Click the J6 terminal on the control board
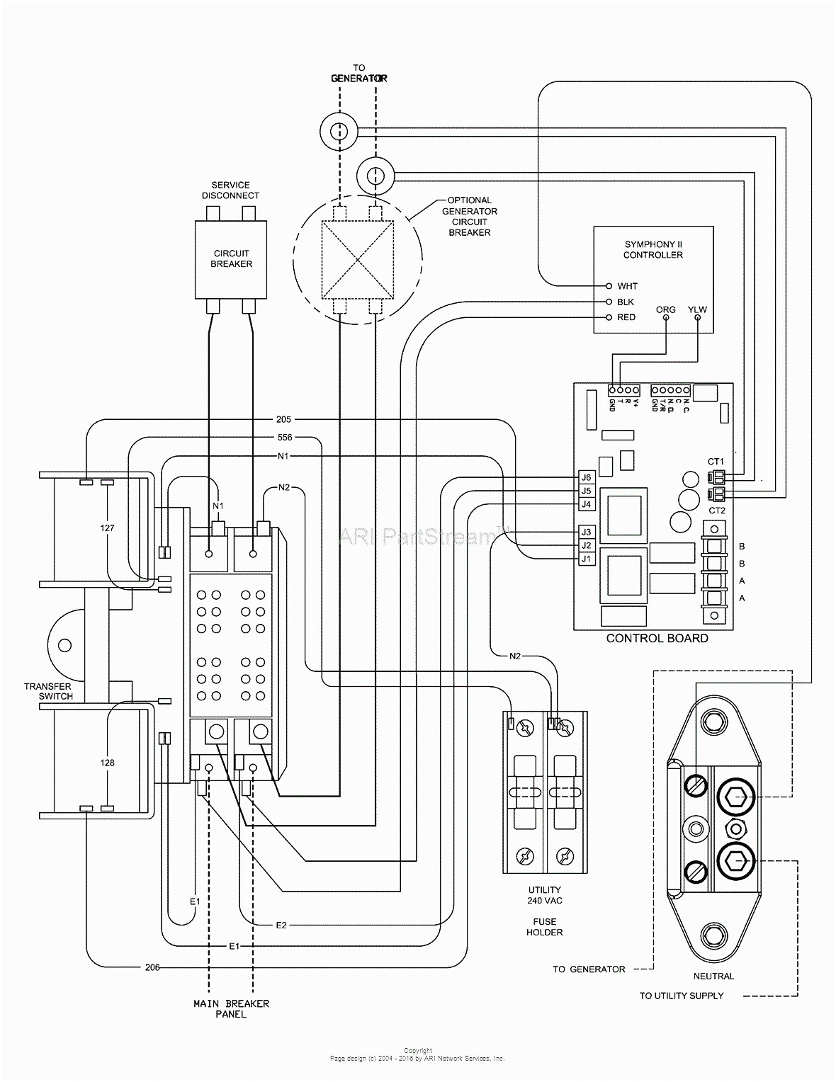[x=585, y=477]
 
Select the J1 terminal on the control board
[x=585, y=559]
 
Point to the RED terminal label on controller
[x=626, y=317]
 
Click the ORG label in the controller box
[x=665, y=309]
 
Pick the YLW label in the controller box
[x=697, y=309]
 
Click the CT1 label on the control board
[x=716, y=462]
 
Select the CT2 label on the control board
[x=716, y=510]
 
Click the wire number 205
[x=283, y=419]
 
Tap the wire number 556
[x=284, y=437]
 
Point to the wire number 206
[x=152, y=967]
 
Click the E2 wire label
[x=281, y=926]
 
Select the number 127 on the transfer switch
[x=107, y=528]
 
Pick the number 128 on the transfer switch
[x=107, y=763]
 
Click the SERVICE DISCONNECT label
[x=230, y=190]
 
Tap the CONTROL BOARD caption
[x=657, y=638]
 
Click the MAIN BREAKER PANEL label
[x=231, y=1008]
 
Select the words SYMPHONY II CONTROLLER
[x=653, y=249]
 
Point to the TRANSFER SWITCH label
[x=47, y=691]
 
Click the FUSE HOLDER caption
[x=544, y=927]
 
